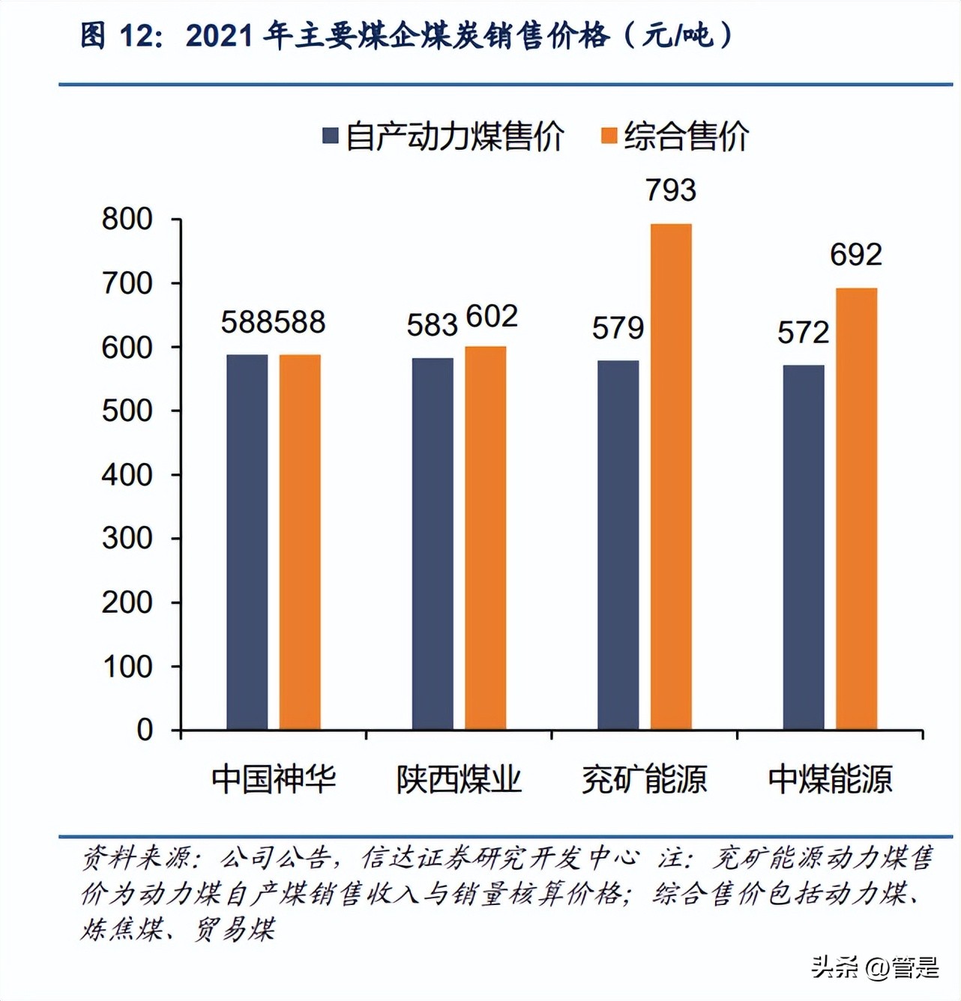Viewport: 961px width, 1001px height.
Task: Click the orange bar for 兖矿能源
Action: pos(671,477)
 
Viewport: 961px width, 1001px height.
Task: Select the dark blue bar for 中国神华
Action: pos(247,542)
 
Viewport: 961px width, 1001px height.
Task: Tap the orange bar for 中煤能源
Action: pos(856,509)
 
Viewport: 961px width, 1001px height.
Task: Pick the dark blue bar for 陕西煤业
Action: pos(433,543)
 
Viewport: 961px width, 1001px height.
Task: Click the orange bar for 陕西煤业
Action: pos(485,537)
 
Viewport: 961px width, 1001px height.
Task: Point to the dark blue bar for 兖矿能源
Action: pos(618,545)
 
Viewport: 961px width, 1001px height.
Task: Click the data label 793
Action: pos(671,190)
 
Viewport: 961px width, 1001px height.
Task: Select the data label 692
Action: pos(856,255)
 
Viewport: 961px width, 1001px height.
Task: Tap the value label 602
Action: pos(492,316)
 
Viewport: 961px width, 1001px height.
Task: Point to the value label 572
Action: pos(803,333)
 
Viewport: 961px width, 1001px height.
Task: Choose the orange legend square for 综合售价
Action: pos(609,136)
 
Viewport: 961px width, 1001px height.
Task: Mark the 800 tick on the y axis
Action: pos(127,220)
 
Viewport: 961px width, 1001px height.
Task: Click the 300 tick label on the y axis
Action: pos(127,538)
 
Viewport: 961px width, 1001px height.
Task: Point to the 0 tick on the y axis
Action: pos(145,730)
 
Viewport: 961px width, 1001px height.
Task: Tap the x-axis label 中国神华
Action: pos(274,779)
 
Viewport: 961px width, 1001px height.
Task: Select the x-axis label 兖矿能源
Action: pos(645,779)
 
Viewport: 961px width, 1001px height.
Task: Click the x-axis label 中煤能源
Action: pos(830,779)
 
